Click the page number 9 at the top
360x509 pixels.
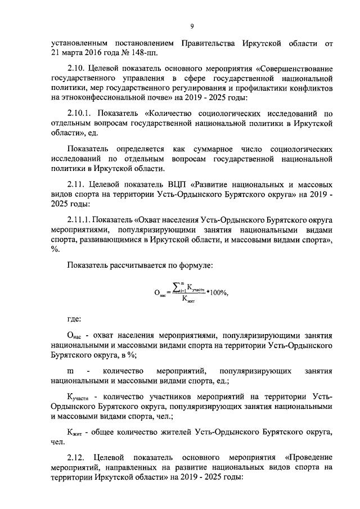192,26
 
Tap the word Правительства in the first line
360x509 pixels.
209,43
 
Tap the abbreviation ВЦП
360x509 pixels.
177,184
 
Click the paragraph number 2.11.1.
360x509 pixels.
82,219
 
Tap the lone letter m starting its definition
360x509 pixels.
70,371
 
